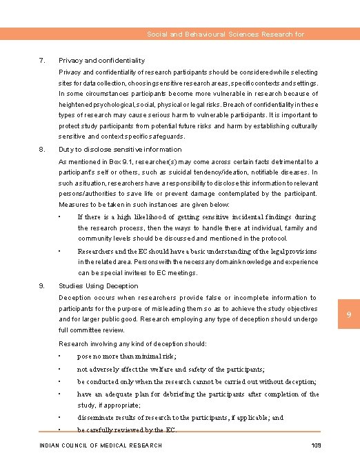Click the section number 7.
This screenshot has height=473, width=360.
click(42, 61)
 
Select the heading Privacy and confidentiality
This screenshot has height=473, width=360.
click(101, 61)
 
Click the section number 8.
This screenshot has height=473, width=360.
click(42, 149)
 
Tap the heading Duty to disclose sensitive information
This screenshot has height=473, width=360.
click(120, 149)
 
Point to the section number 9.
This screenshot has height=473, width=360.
click(42, 285)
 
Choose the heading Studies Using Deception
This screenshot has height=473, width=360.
click(99, 285)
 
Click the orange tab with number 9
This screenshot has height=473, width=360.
click(349, 315)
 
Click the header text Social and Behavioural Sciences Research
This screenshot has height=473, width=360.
click(226, 34)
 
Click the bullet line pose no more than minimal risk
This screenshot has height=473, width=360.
click(127, 356)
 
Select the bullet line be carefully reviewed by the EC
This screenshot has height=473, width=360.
click(127, 430)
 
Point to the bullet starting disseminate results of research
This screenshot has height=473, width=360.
click(180, 418)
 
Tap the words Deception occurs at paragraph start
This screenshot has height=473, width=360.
click(84, 298)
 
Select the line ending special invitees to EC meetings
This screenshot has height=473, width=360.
click(137, 272)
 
